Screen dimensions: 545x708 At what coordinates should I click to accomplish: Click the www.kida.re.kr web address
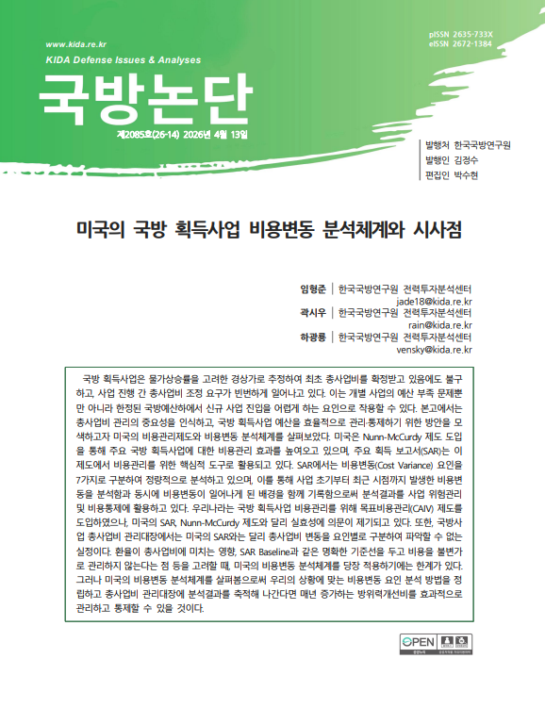pyautogui.click(x=75, y=44)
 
